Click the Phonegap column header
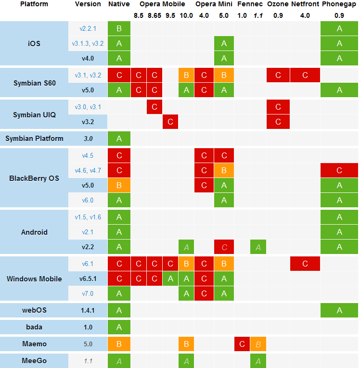click(x=339, y=4)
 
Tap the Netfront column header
click(x=305, y=4)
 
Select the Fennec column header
click(x=250, y=4)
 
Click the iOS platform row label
click(x=34, y=44)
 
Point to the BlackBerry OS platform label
click(x=34, y=178)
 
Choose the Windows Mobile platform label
click(x=34, y=279)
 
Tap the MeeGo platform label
click(x=34, y=360)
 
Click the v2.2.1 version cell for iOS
click(x=88, y=29)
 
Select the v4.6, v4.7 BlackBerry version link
click(x=88, y=170)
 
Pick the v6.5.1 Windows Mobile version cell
click(x=88, y=279)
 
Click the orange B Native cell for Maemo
click(x=119, y=344)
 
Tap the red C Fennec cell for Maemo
click(x=242, y=344)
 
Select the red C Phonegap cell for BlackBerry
click(x=339, y=170)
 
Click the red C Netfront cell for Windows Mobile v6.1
click(x=305, y=264)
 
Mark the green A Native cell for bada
click(x=119, y=327)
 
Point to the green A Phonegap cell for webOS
click(x=339, y=310)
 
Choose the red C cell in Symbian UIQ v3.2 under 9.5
click(x=170, y=122)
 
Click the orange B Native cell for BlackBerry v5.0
click(x=119, y=185)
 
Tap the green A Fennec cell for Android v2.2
click(x=258, y=247)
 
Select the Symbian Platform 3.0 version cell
click(x=88, y=139)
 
